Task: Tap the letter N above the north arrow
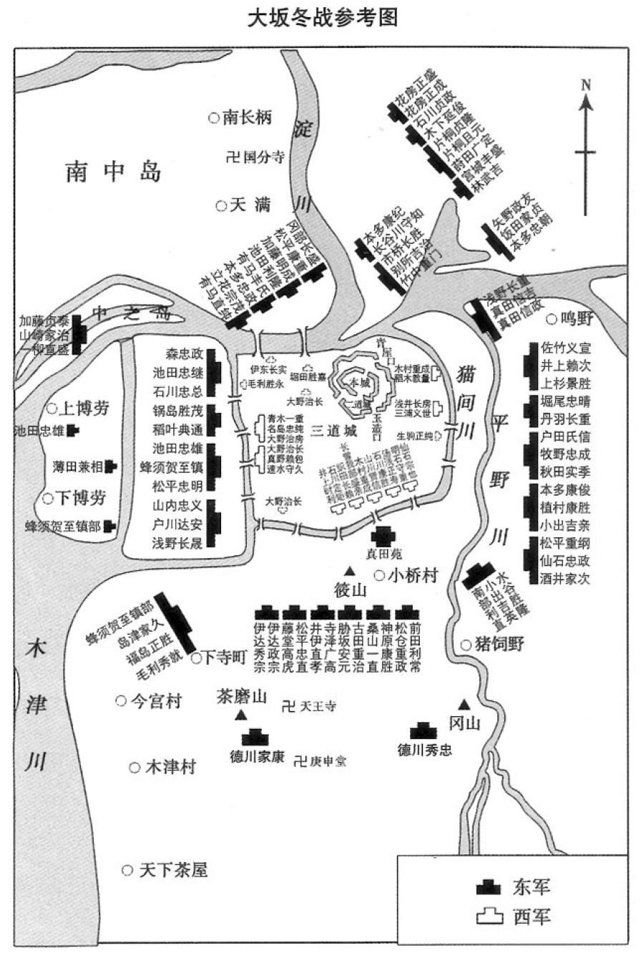586,84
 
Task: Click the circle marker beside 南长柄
213,117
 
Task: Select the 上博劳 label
84,409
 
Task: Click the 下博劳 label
83,498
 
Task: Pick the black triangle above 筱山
350,571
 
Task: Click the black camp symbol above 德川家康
255,736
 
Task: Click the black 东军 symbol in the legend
489,887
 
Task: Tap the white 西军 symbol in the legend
489,915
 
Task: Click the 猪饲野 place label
500,644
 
